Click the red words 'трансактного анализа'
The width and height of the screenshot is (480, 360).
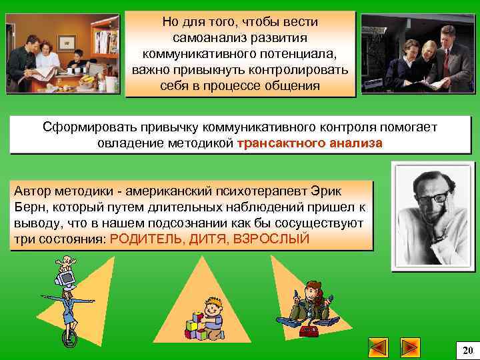point(309,143)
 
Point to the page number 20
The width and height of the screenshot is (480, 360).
point(467,350)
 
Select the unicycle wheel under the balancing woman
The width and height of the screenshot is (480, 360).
point(69,338)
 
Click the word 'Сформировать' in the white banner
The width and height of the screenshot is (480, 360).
point(82,127)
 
